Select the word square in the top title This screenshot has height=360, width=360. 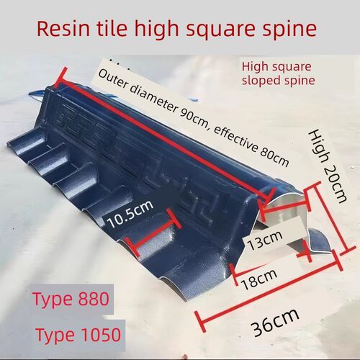click(x=220, y=30)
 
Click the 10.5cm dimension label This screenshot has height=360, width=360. click(x=130, y=213)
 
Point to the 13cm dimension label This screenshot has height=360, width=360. click(x=265, y=240)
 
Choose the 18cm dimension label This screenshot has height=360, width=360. click(x=260, y=279)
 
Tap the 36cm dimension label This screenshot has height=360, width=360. click(x=276, y=322)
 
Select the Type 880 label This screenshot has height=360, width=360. click(x=71, y=300)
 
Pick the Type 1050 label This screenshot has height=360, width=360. click(x=78, y=334)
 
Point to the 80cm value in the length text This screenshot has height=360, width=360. click(x=274, y=156)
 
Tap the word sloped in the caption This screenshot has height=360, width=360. click(x=261, y=80)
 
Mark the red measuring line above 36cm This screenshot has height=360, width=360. click(x=268, y=293)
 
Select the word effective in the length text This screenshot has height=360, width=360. click(x=235, y=138)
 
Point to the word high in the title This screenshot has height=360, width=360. click(x=156, y=30)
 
